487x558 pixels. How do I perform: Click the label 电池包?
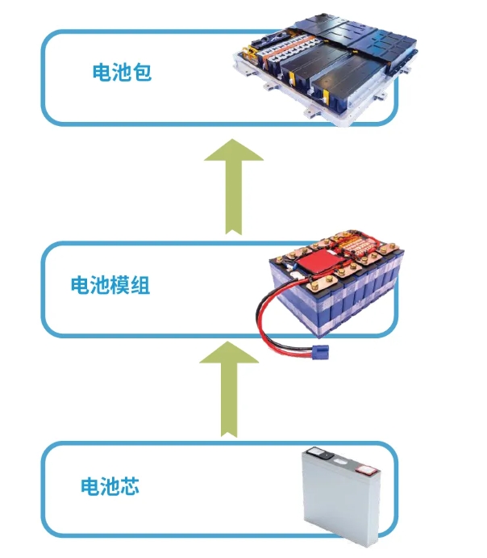pos(122,73)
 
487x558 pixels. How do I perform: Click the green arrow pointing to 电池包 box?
pos(234,186)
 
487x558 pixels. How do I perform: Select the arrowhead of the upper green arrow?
pos(234,153)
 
